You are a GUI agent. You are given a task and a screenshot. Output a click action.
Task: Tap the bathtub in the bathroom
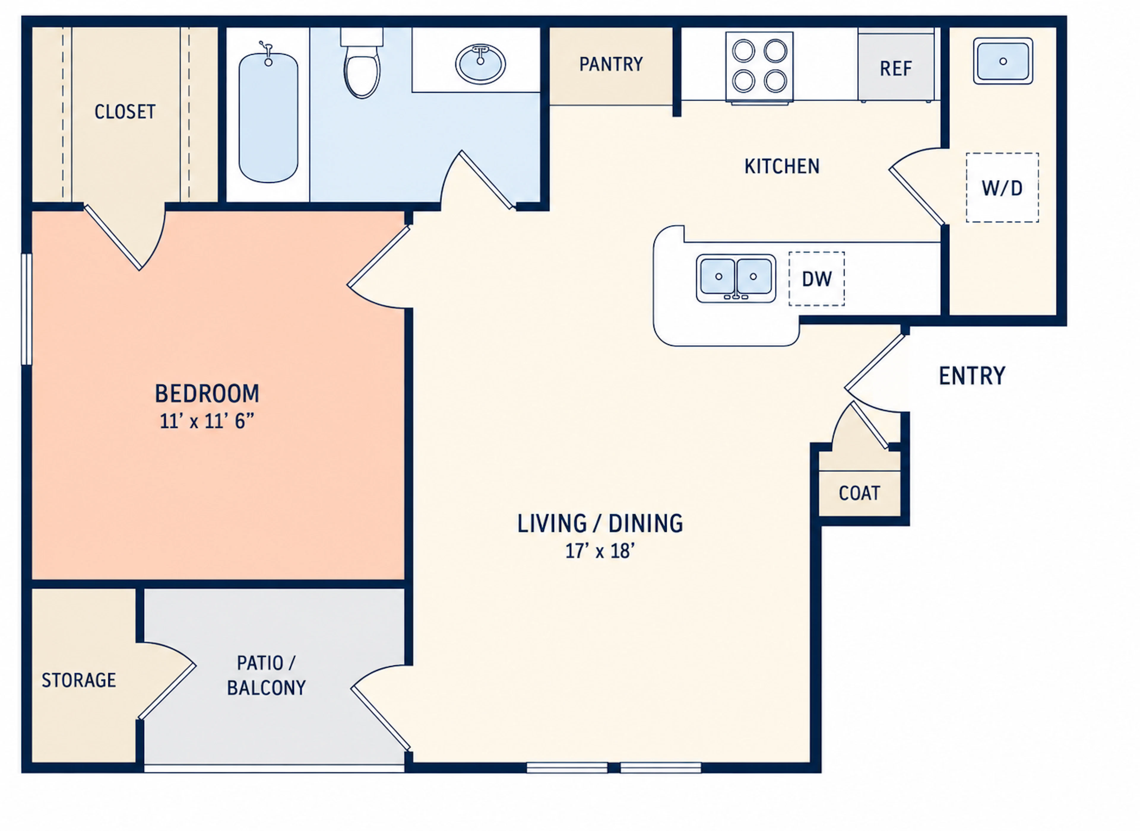[x=268, y=117]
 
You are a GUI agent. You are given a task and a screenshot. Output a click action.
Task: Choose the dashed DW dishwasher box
[x=816, y=279]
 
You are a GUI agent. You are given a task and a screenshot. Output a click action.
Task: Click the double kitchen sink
[x=736, y=278]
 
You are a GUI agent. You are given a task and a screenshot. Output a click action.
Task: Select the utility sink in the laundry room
[x=1003, y=61]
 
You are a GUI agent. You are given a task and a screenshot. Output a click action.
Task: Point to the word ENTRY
[x=972, y=376]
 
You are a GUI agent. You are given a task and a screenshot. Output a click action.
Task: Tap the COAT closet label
[x=859, y=493]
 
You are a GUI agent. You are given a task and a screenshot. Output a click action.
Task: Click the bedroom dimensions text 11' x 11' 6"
[x=207, y=421]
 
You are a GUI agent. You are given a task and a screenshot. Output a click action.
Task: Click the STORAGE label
[x=79, y=680]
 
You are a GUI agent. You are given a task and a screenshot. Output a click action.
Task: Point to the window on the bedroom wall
[x=26, y=308]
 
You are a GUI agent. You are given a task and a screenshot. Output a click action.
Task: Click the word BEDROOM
[x=207, y=393]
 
